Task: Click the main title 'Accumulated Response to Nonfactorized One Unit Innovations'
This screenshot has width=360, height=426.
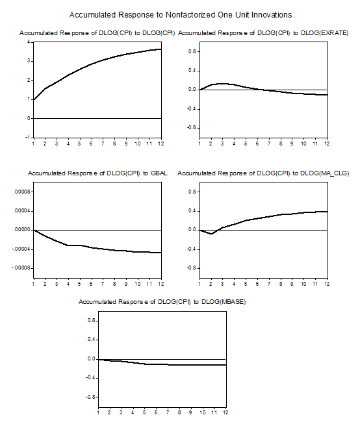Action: point(181,15)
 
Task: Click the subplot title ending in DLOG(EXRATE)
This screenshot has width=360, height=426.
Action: point(263,33)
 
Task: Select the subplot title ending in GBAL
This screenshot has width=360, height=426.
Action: point(97,173)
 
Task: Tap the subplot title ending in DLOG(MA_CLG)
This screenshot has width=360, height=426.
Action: point(263,173)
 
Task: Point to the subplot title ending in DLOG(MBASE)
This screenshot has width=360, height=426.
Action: point(162,302)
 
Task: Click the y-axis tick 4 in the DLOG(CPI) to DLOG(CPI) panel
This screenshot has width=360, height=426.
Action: point(29,42)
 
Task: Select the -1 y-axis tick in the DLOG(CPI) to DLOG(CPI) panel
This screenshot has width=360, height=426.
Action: point(27,138)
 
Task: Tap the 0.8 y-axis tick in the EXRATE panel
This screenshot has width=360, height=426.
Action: point(192,51)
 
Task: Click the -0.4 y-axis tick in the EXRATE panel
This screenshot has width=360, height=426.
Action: point(191,108)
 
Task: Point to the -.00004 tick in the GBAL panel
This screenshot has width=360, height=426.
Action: point(21,249)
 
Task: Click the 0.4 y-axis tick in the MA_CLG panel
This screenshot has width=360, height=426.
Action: point(192,211)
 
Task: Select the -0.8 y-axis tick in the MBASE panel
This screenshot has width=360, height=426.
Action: point(90,397)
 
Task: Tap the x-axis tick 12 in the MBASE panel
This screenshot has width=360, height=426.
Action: point(225,412)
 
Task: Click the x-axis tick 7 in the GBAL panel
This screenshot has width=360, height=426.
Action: point(103,284)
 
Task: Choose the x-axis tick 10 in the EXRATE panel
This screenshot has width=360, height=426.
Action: point(303,144)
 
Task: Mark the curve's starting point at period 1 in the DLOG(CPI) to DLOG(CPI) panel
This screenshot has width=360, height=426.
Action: point(33,99)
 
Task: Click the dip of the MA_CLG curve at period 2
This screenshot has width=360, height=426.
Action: point(212,234)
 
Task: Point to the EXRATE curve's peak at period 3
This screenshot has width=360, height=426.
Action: point(222,84)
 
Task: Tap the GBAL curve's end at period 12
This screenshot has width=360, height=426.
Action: point(161,253)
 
